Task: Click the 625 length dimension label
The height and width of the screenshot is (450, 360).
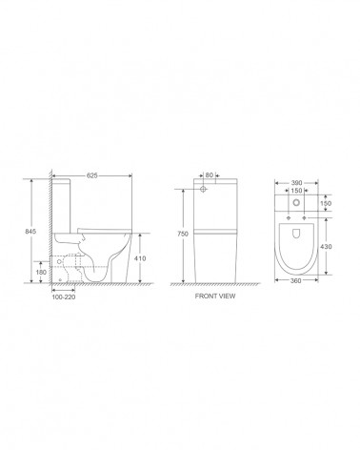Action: pos(92,175)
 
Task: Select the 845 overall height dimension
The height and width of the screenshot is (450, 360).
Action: pos(30,232)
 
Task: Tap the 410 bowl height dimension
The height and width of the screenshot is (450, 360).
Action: pos(140,258)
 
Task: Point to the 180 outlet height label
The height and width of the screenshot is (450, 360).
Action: pos(41,272)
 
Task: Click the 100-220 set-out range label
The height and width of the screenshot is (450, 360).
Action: pos(64,297)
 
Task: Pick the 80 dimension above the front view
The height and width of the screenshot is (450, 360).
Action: pos(210,175)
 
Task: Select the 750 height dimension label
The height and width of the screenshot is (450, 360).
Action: pos(183,234)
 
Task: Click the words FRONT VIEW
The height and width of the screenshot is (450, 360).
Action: pos(215,297)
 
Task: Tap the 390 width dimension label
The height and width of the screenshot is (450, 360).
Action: pos(296,183)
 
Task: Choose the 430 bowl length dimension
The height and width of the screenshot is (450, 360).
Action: pos(327,247)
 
